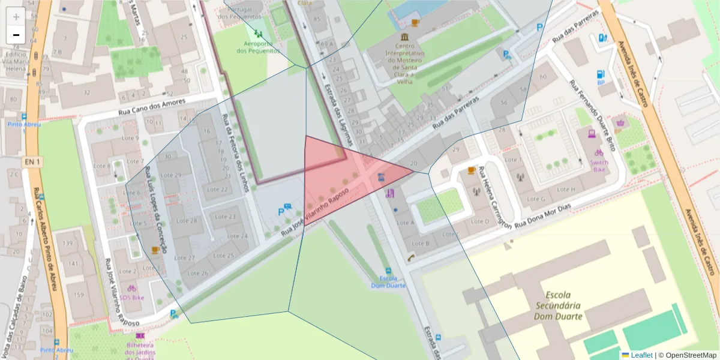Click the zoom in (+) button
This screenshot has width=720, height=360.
[x=16, y=17]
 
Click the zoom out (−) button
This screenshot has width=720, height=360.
[x=16, y=35]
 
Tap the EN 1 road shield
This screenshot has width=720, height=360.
[x=32, y=162]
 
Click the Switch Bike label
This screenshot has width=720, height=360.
[x=599, y=166]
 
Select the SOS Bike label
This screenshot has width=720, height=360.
[x=132, y=298]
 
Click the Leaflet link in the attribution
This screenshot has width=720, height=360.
[x=641, y=355]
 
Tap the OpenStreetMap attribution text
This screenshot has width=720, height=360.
[x=687, y=355]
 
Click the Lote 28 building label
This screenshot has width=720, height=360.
[x=185, y=220]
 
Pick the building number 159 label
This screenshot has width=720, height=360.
[x=79, y=295]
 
